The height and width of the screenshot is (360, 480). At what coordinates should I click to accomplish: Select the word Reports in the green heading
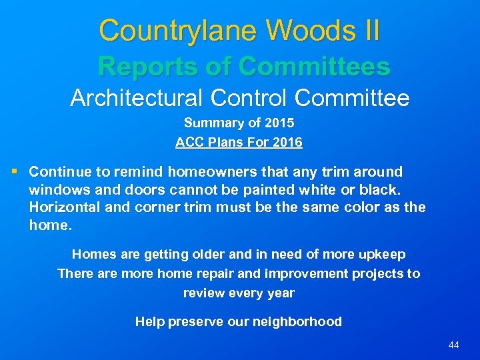143,67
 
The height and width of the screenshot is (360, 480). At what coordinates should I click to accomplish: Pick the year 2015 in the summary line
280,123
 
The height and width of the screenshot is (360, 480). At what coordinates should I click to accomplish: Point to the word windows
55,189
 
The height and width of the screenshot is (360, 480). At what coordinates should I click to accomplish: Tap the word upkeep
382,254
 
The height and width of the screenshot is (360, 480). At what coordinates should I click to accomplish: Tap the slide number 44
454,345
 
